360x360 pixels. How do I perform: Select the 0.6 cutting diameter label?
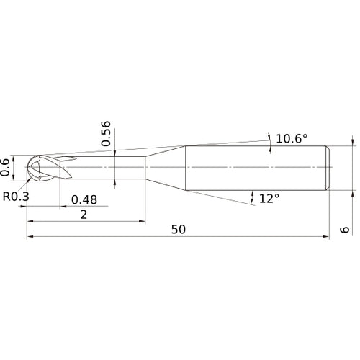point(7,166)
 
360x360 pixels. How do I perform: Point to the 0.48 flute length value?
point(84,200)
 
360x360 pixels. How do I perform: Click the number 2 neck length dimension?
point(84,215)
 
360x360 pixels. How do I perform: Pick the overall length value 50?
point(179,230)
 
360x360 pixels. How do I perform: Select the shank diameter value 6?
point(346,230)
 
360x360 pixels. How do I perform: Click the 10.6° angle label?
point(291,138)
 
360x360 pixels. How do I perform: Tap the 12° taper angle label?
point(269,197)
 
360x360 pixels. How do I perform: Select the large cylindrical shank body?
point(256,167)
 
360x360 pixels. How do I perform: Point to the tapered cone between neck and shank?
point(166,167)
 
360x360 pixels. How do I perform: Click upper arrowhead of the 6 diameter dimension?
point(353,142)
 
